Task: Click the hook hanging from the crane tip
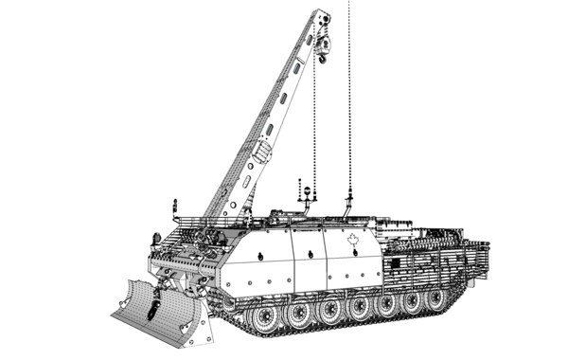click(x=323, y=60)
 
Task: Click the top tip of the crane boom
click(x=324, y=12)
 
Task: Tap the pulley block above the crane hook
click(x=323, y=43)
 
